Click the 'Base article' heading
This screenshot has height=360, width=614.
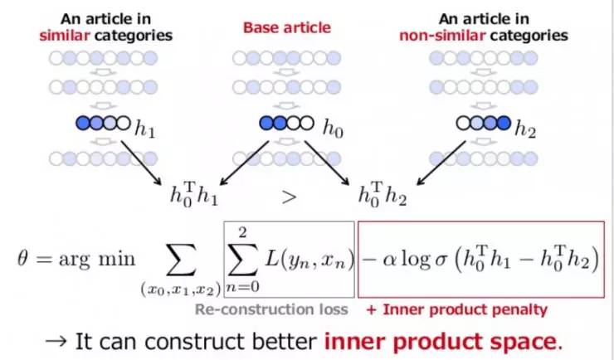click(286, 27)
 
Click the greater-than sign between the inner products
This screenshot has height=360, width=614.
click(288, 197)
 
